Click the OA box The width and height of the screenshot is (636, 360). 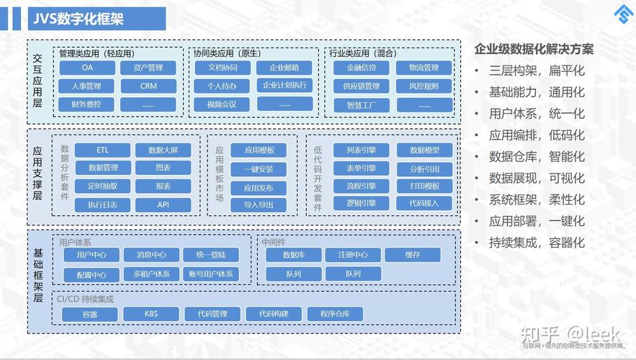click(87, 68)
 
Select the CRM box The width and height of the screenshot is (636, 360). click(148, 86)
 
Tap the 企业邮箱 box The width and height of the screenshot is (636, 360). click(285, 68)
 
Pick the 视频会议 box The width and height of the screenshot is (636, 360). click(222, 104)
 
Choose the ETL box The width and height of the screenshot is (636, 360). click(102, 150)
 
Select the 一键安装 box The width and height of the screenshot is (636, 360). click(259, 169)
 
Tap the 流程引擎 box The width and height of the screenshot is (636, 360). click(362, 186)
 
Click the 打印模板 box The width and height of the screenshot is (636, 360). click(424, 186)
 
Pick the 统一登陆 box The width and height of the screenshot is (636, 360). click(210, 255)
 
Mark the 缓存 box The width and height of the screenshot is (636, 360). click(412, 255)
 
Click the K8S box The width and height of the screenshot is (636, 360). click(151, 314)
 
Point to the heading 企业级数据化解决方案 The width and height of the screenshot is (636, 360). click(534, 50)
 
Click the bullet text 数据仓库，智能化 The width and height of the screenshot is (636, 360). click(537, 157)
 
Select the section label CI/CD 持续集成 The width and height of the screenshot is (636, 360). click(86, 299)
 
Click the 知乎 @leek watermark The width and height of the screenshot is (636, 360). click(569, 333)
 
